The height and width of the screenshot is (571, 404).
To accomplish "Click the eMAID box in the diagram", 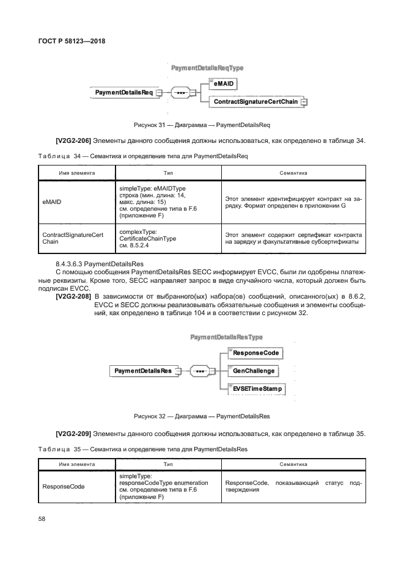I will coord(222,82).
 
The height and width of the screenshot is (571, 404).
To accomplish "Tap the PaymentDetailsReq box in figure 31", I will coord(125,92).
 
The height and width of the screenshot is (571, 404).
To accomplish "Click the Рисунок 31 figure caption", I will coord(202,125).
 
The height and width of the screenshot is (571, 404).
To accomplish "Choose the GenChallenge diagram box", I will coord(254,370).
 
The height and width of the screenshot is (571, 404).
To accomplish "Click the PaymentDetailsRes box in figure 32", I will coord(142,370).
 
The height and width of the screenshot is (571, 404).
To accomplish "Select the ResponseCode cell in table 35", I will coord(63,487).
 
